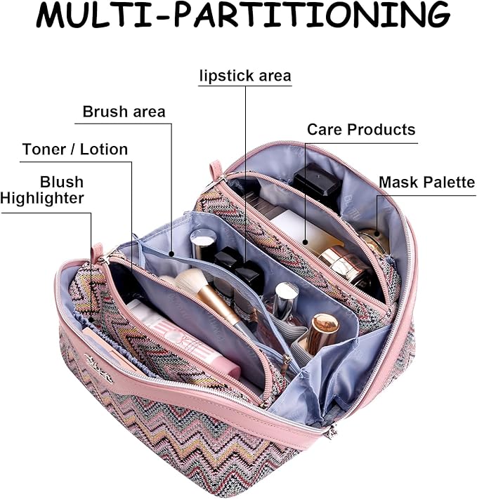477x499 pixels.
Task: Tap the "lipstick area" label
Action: pyautogui.click(x=244, y=76)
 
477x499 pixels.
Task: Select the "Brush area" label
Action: pyautogui.click(x=124, y=112)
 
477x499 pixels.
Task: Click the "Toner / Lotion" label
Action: pyautogui.click(x=75, y=149)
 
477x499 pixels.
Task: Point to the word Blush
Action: pyautogui.click(x=62, y=182)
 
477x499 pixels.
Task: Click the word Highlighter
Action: pyautogui.click(x=42, y=199)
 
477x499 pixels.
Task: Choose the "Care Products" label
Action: pyautogui.click(x=361, y=130)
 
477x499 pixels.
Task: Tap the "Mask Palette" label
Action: pyautogui.click(x=427, y=183)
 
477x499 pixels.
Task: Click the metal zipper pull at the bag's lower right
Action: pyautogui.click(x=325, y=429)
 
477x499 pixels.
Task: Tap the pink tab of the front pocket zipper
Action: pyautogui.click(x=97, y=251)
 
